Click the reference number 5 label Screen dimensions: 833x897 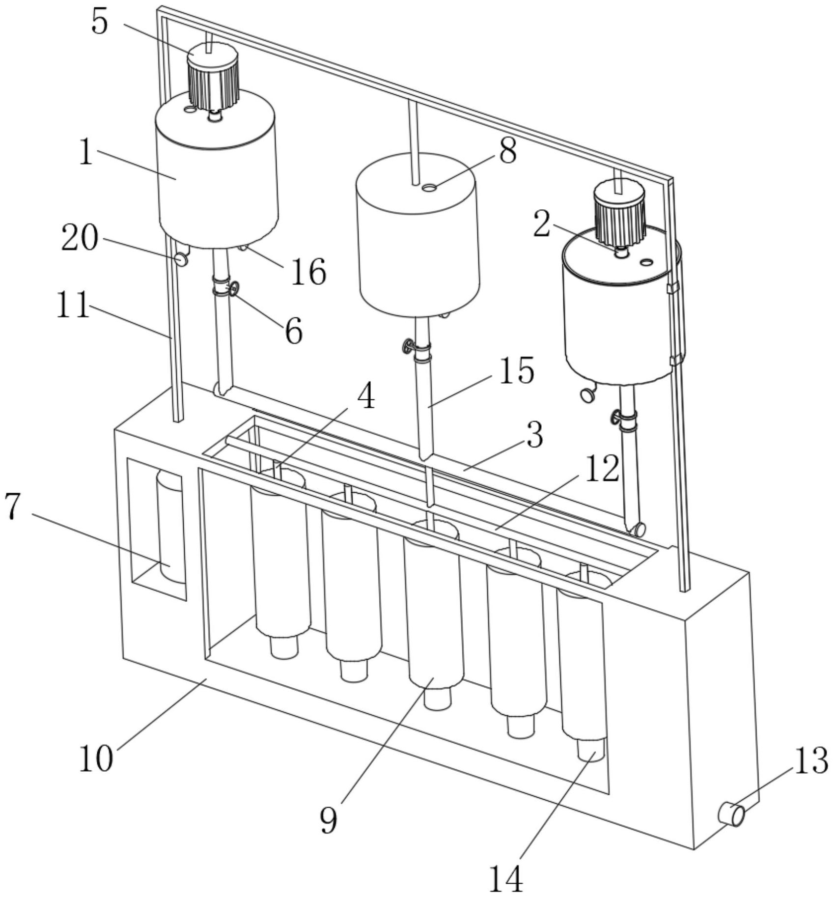coord(100,23)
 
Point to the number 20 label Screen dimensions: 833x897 coord(80,239)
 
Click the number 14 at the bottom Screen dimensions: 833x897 coord(506,878)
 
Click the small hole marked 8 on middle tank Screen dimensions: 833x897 coord(430,187)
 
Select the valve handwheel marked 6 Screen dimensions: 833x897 coord(234,288)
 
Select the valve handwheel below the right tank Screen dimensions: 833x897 coord(614,418)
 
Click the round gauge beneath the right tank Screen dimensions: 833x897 coord(586,394)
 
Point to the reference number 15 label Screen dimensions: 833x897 coord(516,371)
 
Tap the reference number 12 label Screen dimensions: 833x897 coord(602,468)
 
